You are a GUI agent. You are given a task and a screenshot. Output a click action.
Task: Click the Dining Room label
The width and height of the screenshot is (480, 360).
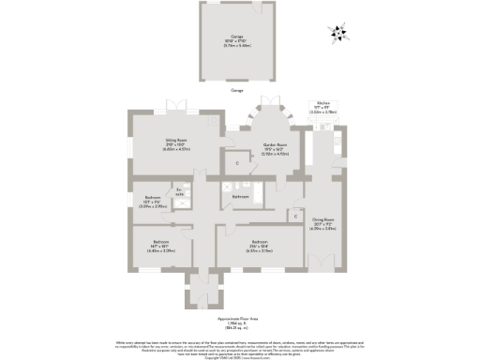pos(322,226)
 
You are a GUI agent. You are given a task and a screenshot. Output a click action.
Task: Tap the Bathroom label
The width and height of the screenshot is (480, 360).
pos(240,197)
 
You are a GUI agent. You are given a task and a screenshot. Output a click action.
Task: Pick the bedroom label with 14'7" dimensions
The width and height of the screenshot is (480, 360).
pos(158,247)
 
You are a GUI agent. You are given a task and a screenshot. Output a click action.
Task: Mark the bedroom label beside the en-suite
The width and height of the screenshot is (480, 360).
pos(152,200)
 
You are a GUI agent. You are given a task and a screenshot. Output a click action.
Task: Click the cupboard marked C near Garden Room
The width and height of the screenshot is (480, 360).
pos(237,164)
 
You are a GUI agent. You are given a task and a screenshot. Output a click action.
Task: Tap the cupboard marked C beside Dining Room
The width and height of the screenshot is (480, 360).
pos(294,217)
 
